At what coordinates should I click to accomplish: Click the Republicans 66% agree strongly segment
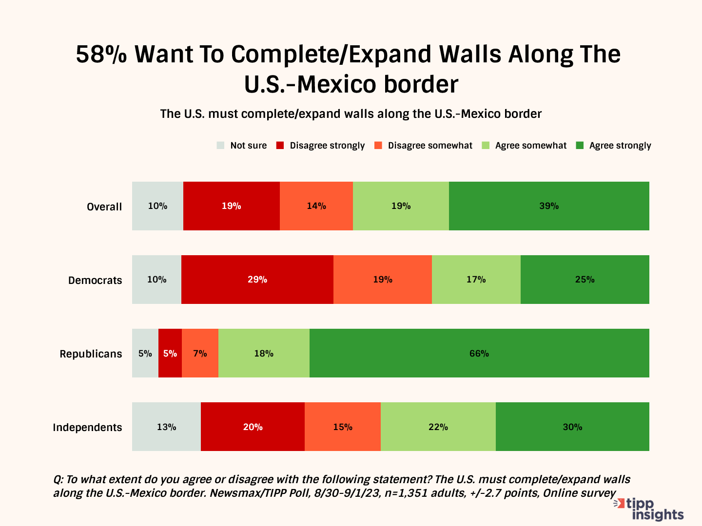click(x=479, y=353)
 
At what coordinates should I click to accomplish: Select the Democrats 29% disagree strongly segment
click(x=257, y=280)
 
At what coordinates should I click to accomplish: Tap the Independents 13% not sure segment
click(x=166, y=427)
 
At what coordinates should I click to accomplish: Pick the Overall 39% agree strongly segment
click(x=549, y=206)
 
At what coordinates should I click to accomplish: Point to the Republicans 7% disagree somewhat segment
click(x=200, y=353)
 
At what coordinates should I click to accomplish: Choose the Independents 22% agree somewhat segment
click(x=438, y=427)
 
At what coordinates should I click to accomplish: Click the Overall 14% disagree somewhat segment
click(x=316, y=206)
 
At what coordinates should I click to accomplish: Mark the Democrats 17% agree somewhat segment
click(x=476, y=280)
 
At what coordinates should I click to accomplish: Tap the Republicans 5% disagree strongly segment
click(x=170, y=353)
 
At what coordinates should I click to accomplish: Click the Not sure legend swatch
click(x=220, y=145)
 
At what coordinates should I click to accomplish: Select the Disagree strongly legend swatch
click(x=280, y=145)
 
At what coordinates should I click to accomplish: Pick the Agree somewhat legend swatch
click(x=486, y=145)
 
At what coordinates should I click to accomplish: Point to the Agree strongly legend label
click(x=620, y=146)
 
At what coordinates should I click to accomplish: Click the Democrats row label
click(x=95, y=280)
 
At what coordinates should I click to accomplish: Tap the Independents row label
click(x=87, y=427)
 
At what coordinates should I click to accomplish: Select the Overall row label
click(x=104, y=207)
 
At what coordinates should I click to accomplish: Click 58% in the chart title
click(x=101, y=54)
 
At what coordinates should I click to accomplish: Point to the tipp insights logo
click(x=650, y=509)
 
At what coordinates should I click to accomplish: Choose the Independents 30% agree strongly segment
click(x=572, y=427)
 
